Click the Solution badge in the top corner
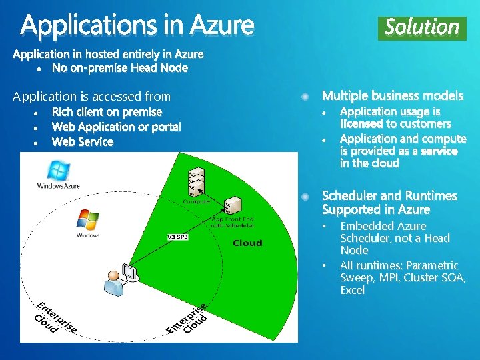[x=422, y=27]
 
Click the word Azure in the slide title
[x=221, y=26]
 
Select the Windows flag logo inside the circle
[x=87, y=222]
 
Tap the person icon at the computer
[x=114, y=283]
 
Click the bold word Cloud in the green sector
[x=247, y=243]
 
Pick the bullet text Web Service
[x=83, y=142]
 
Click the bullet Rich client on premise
[x=107, y=112]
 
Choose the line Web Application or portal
[x=116, y=127]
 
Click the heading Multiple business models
[x=393, y=97]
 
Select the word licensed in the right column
[x=361, y=124]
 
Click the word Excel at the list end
[x=352, y=290]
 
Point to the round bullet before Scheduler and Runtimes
[x=305, y=197]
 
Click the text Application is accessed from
[x=92, y=97]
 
